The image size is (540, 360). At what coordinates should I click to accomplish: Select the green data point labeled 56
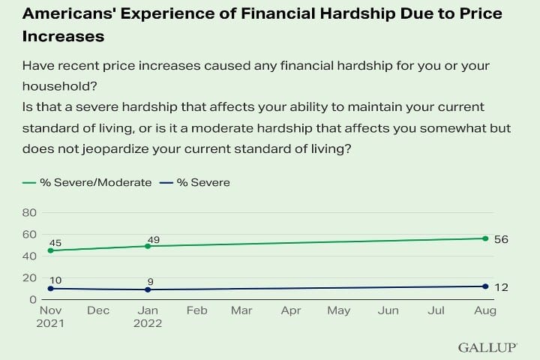tap(485, 238)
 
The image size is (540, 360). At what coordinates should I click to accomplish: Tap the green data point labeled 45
tap(49, 250)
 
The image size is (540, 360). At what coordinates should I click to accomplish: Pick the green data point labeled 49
tap(148, 246)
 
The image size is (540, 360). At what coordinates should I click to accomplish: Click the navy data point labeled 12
tap(485, 286)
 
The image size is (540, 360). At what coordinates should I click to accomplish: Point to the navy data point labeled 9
tap(148, 289)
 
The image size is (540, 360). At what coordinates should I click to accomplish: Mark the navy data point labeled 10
tap(49, 289)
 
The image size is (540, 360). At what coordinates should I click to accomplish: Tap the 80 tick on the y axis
tap(31, 213)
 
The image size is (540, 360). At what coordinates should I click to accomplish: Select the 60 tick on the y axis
tap(31, 235)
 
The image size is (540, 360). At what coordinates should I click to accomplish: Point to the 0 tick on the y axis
tap(34, 300)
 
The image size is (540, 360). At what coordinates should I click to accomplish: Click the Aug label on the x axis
tap(485, 310)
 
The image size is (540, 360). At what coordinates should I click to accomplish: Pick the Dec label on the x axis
tap(98, 310)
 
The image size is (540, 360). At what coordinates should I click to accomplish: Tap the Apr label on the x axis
tap(290, 310)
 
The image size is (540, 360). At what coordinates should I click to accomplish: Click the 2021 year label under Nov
tap(49, 324)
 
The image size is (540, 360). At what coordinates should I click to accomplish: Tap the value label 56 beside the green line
tap(502, 239)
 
